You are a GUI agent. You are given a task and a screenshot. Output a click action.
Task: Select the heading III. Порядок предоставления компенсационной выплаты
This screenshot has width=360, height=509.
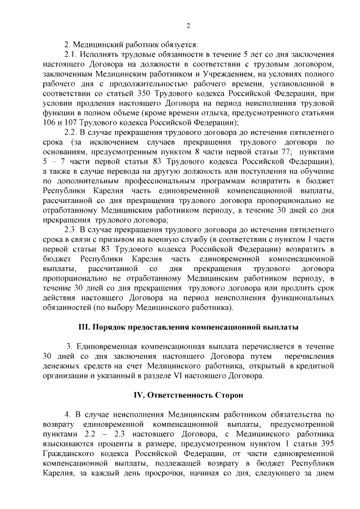click(188, 326)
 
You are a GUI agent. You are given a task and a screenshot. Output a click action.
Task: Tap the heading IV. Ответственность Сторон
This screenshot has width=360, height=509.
click(188, 395)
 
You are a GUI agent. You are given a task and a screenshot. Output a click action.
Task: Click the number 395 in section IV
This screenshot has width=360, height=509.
click(327, 442)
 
